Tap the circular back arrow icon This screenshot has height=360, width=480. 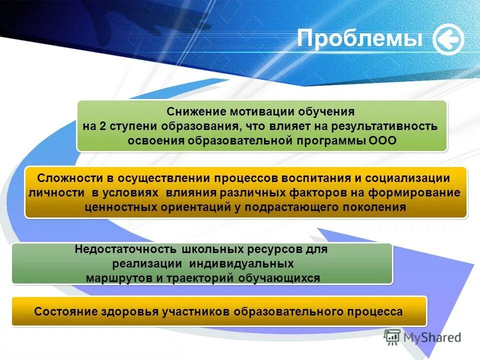tap(448, 39)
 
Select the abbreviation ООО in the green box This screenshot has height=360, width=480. tap(382, 140)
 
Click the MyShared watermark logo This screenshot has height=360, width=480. tap(422, 337)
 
